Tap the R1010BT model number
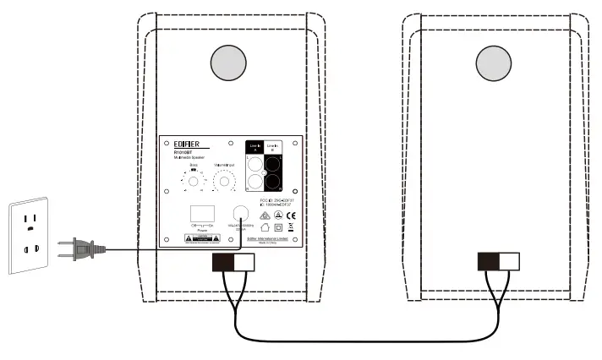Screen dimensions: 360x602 pyautogui.click(x=173, y=153)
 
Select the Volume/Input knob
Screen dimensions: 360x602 pyautogui.click(x=224, y=181)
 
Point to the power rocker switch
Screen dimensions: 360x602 pyautogui.click(x=200, y=212)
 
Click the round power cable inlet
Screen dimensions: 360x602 pyautogui.click(x=240, y=214)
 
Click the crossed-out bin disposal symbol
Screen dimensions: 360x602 pyautogui.click(x=291, y=226)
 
